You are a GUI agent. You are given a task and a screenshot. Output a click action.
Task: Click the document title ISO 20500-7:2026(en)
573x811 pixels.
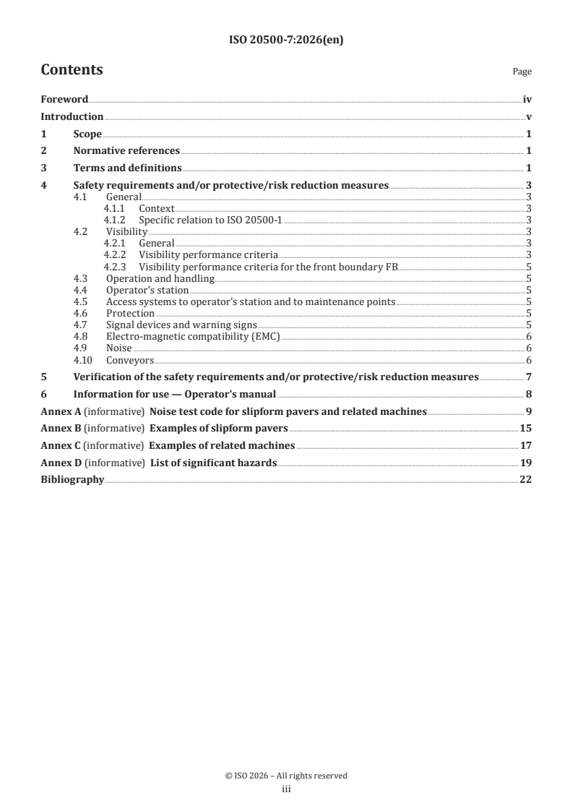pyautogui.click(x=285, y=40)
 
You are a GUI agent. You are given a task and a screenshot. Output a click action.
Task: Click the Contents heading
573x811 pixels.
pyautogui.click(x=72, y=70)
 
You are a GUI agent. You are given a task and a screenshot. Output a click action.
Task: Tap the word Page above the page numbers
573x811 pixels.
pyautogui.click(x=522, y=72)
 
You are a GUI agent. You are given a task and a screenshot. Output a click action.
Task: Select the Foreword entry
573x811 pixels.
pyautogui.click(x=64, y=100)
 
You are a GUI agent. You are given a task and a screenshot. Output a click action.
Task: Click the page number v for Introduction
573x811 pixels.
pyautogui.click(x=529, y=117)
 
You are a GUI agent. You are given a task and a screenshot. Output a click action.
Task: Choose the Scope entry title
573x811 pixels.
pyautogui.click(x=87, y=134)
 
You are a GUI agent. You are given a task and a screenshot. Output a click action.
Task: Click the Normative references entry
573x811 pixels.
pyautogui.click(x=126, y=151)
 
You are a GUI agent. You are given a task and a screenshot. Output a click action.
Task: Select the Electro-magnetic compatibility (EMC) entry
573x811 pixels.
pyautogui.click(x=192, y=336)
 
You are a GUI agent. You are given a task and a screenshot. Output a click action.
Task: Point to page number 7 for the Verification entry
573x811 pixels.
pyautogui.click(x=529, y=377)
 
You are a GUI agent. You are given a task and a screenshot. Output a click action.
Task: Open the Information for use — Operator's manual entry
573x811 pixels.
pyautogui.click(x=175, y=394)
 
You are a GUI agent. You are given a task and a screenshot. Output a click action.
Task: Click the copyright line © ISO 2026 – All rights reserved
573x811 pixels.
pyautogui.click(x=285, y=776)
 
